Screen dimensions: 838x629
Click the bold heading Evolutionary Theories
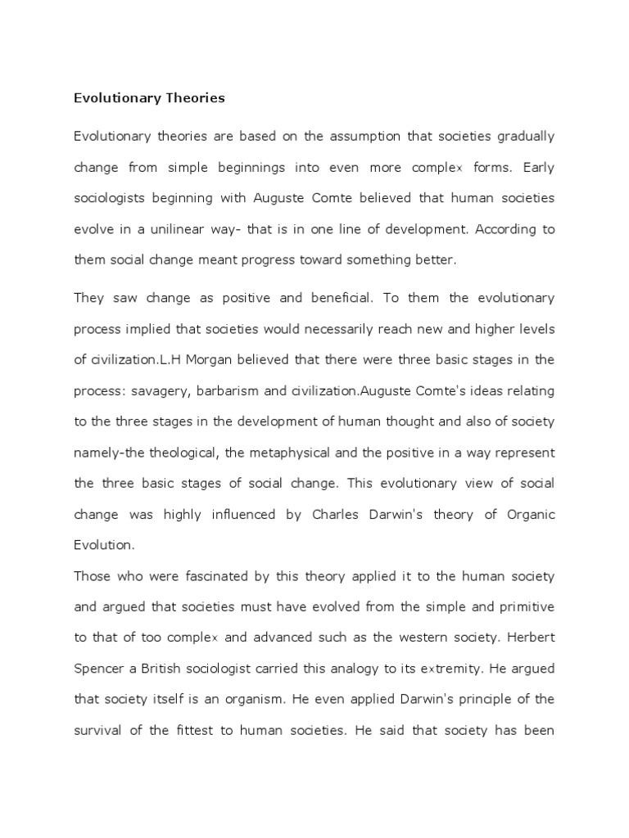(x=149, y=98)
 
